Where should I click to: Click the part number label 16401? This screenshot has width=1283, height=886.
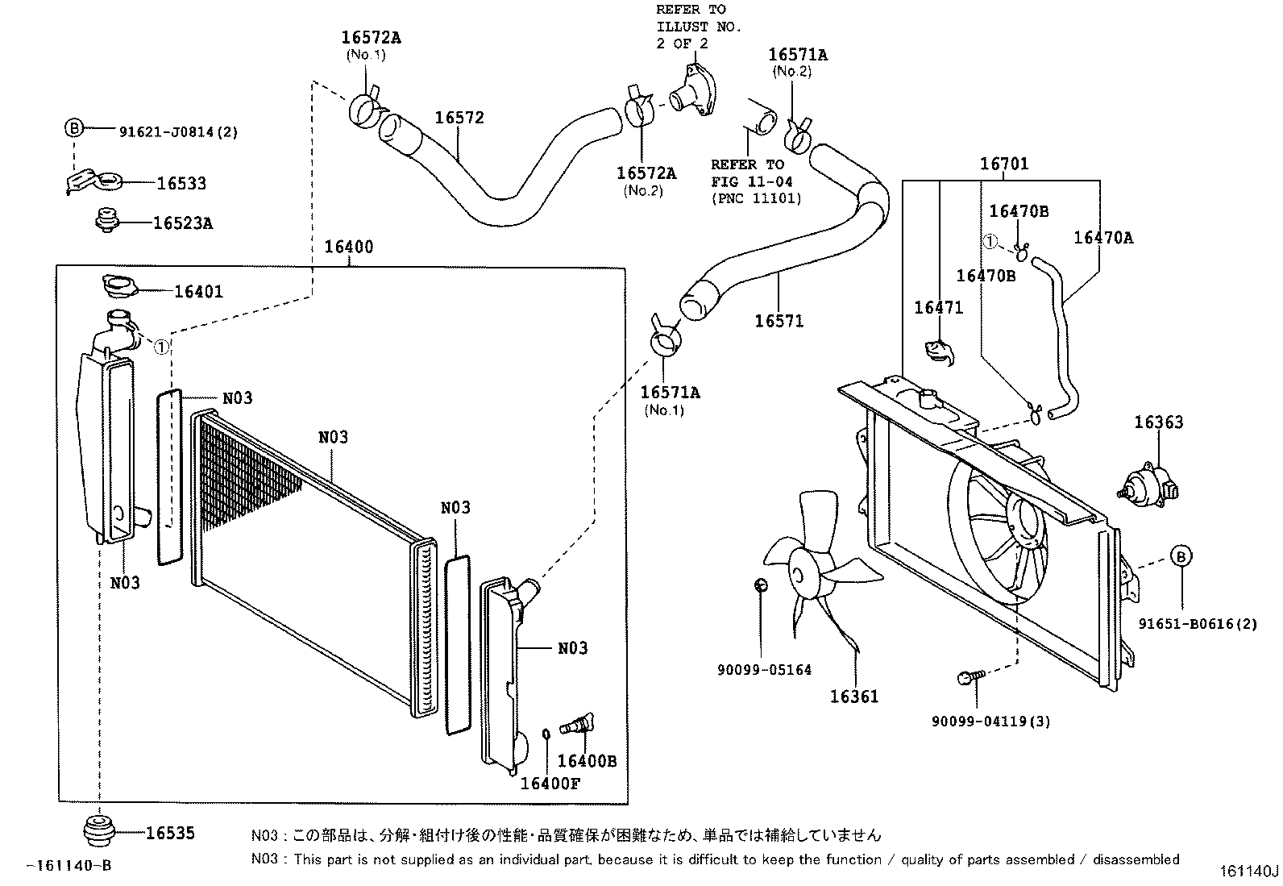tap(198, 291)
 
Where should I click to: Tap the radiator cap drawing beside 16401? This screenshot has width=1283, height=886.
tap(120, 285)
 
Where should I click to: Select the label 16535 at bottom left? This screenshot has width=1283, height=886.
tap(170, 834)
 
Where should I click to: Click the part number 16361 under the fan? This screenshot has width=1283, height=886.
tap(854, 697)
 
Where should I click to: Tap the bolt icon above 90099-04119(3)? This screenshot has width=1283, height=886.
tap(967, 679)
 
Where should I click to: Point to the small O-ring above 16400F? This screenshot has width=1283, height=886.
tap(546, 734)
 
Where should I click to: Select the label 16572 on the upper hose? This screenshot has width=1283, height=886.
tap(459, 118)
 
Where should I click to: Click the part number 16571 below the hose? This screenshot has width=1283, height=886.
tap(779, 321)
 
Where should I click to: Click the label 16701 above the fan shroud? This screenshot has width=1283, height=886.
tap(1003, 164)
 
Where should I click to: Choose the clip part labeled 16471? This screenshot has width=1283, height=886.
tap(939, 351)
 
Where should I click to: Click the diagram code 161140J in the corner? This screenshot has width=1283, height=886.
tap(1248, 871)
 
